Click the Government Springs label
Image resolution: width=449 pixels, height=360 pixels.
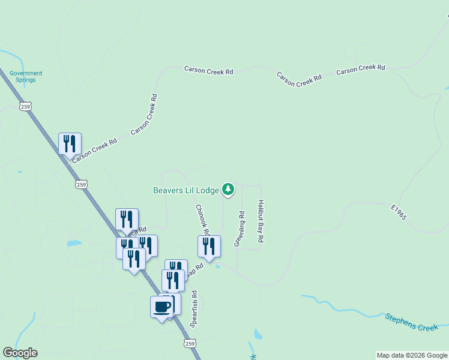click(x=26, y=76)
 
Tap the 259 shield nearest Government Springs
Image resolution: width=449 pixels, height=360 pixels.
click(x=25, y=106)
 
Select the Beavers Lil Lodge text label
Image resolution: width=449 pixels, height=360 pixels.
click(x=185, y=190)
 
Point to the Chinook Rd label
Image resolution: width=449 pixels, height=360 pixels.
click(x=202, y=220)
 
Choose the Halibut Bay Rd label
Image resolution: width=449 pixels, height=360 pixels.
click(x=261, y=221)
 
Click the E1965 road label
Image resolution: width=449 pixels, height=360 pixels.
click(x=399, y=212)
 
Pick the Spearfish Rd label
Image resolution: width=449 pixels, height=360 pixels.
click(x=194, y=308)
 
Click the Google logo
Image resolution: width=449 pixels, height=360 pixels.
click(x=20, y=353)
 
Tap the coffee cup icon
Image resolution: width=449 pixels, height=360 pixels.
click(x=161, y=307)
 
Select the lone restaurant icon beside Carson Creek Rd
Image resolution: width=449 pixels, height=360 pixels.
click(x=70, y=144)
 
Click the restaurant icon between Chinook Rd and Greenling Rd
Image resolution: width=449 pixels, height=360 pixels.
click(x=209, y=246)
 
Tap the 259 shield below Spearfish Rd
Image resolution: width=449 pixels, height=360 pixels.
click(x=190, y=343)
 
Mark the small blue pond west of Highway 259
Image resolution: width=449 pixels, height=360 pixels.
click(x=74, y=244)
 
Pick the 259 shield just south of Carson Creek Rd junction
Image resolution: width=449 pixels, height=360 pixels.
click(x=82, y=184)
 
